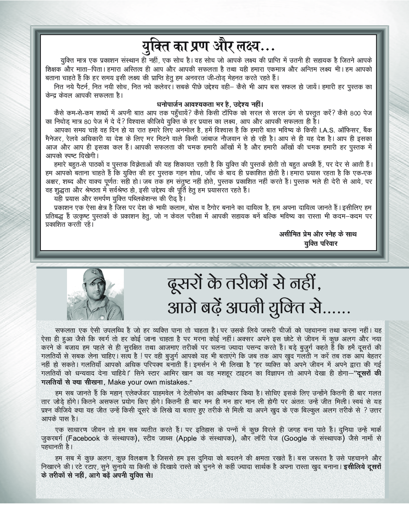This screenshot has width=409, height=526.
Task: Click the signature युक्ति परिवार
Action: [321, 243]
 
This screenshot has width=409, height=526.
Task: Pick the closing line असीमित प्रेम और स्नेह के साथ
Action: [317, 234]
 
